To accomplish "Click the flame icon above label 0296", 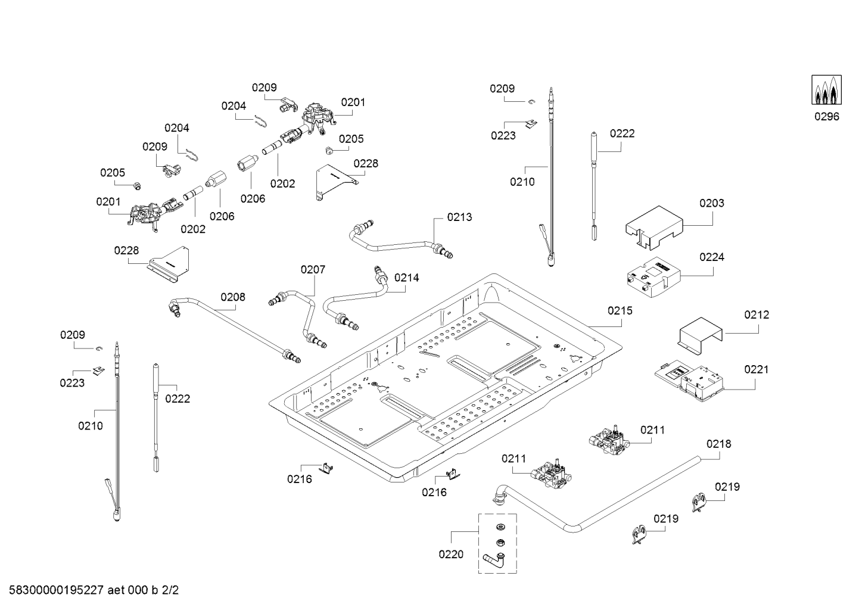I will (x=827, y=91).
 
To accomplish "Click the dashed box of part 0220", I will (x=497, y=543).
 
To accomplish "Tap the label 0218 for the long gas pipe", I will (x=718, y=444).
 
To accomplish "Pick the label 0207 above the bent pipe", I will (x=313, y=270).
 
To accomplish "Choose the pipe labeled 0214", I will (x=354, y=298).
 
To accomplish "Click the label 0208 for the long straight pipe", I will (x=232, y=297).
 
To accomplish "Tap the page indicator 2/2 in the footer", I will (x=170, y=590).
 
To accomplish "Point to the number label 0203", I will (x=711, y=203).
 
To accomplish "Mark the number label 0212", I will (x=756, y=315).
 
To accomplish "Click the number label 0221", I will (x=756, y=369).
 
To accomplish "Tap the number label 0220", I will (x=450, y=555).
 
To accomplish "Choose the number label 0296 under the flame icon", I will (x=827, y=116).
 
